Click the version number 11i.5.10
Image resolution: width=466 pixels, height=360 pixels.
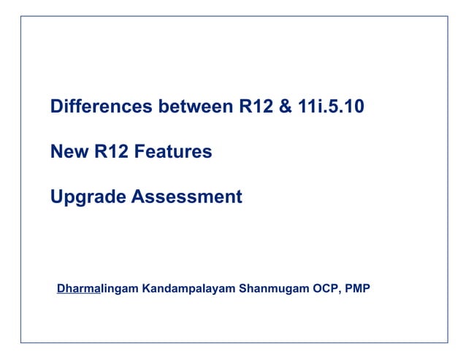pos(332,107)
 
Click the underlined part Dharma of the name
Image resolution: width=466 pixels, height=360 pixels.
pos(78,288)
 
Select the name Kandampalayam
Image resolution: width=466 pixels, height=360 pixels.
pos(189,288)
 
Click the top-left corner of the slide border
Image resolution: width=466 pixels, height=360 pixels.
pos(20,16)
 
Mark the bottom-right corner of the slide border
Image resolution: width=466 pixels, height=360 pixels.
pos(447,342)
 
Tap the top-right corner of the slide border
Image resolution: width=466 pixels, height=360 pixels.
pos(447,16)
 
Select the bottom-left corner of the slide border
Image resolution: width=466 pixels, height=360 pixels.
pos(20,342)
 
